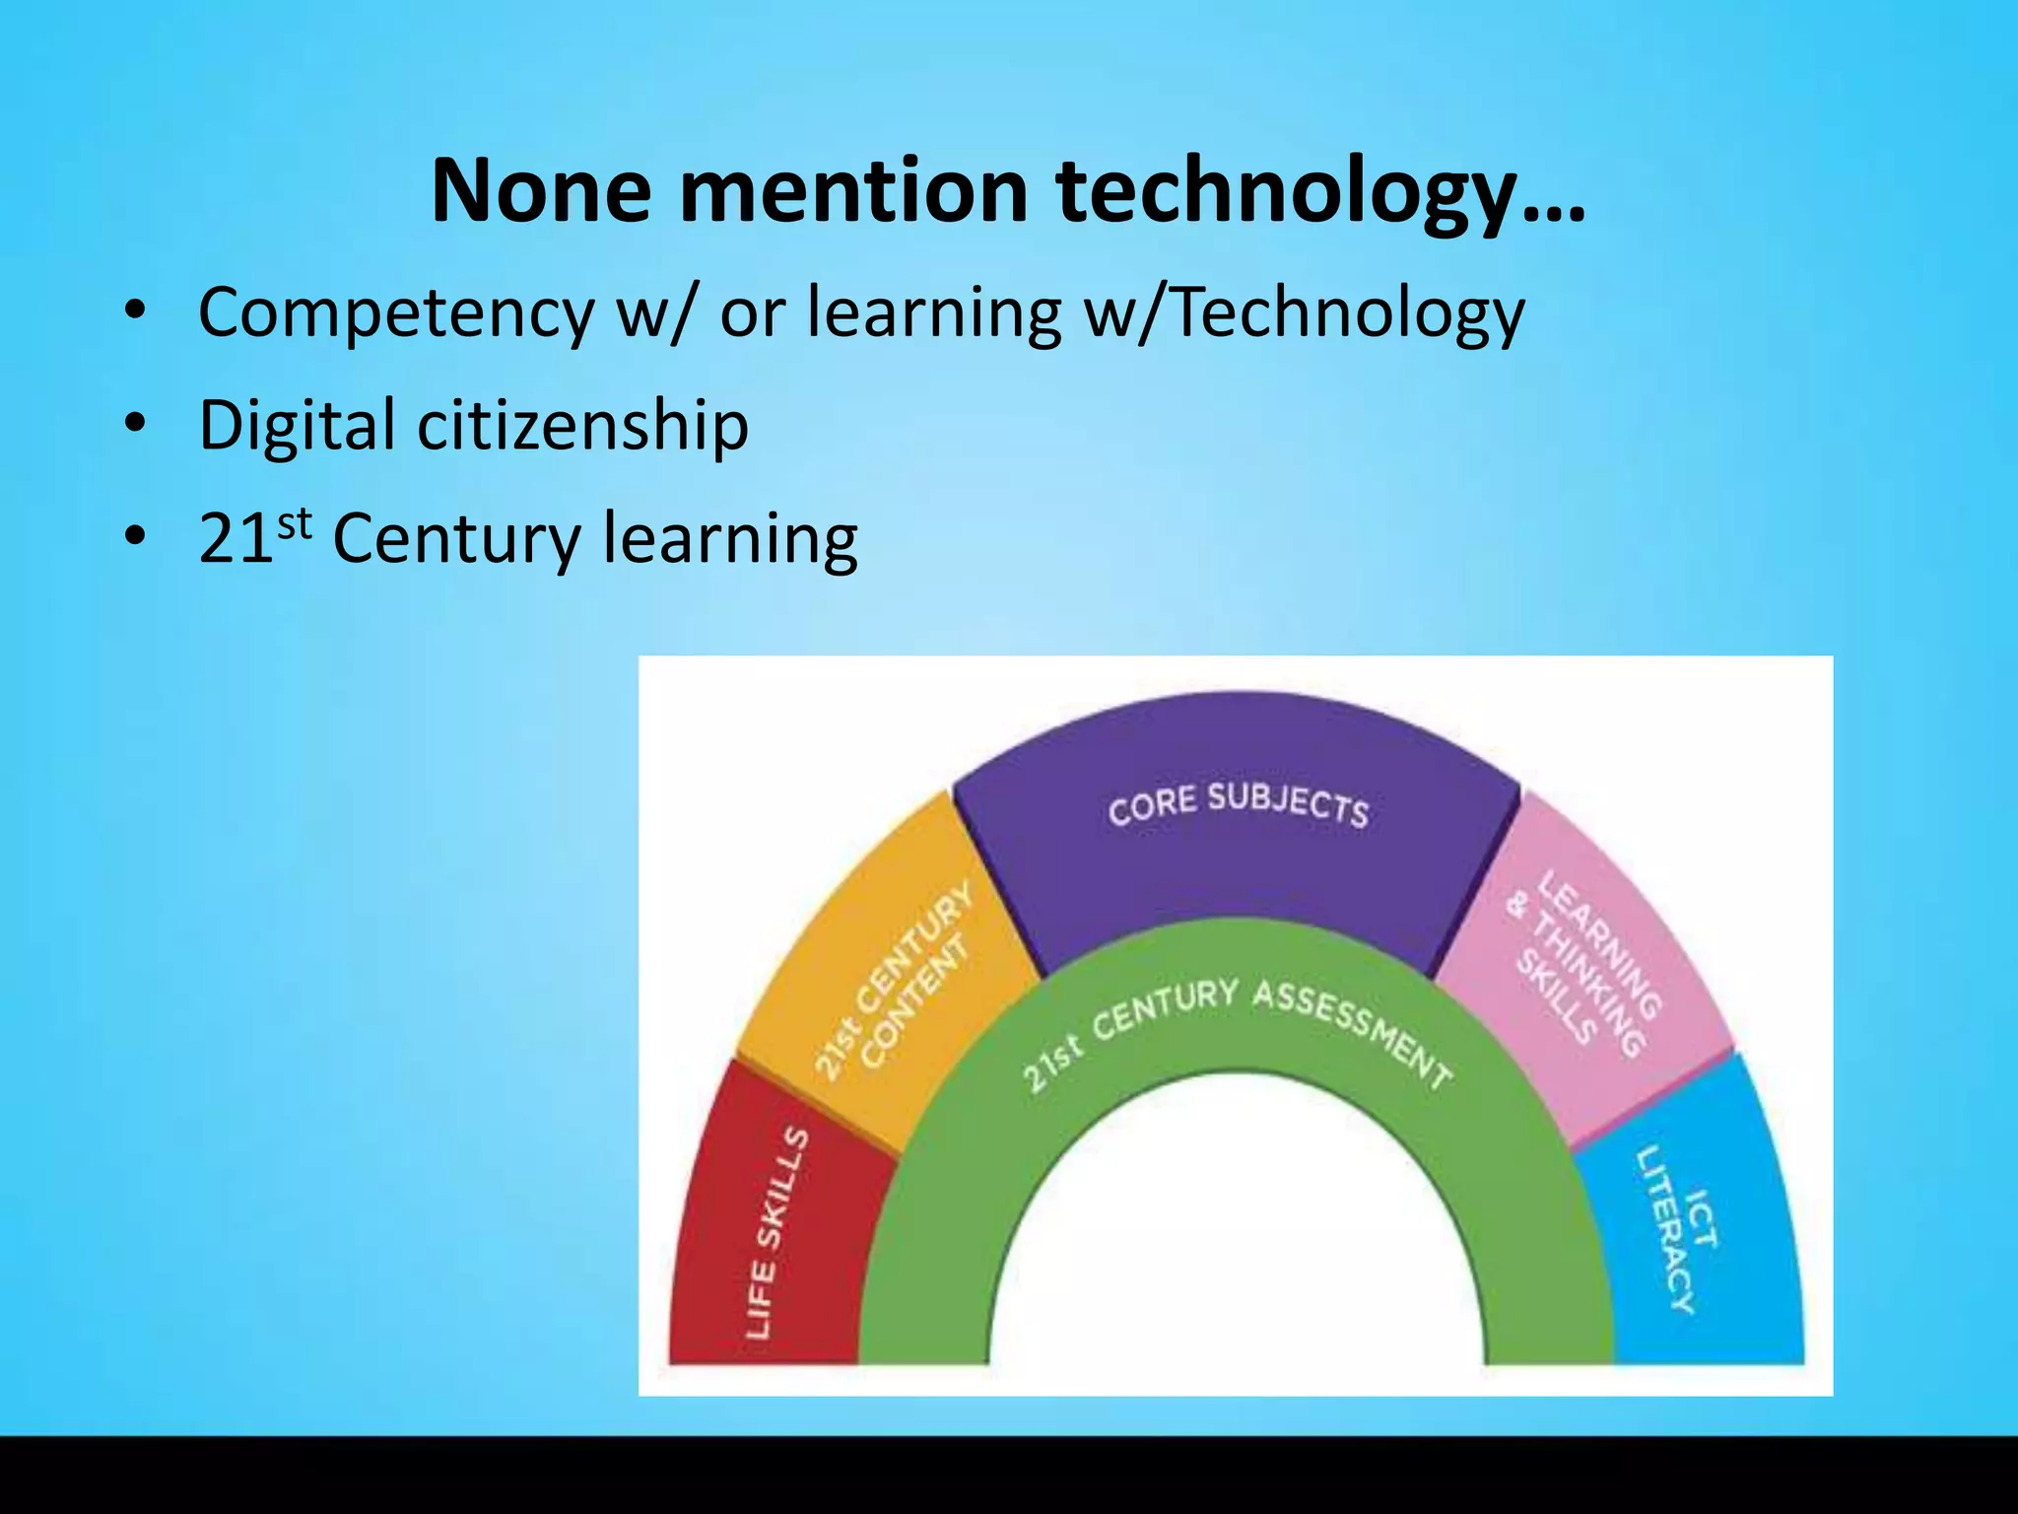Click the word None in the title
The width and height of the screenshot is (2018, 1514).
tap(540, 190)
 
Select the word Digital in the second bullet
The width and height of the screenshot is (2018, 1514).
tap(297, 426)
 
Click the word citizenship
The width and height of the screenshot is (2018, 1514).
tap(583, 426)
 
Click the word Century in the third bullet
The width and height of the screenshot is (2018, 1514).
tap(457, 540)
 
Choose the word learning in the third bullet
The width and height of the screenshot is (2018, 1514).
tap(730, 540)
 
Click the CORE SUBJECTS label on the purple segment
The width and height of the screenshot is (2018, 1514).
tap(1239, 804)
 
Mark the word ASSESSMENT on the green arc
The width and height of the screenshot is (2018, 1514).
tap(1354, 1029)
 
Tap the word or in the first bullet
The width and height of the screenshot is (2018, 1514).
tap(752, 313)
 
